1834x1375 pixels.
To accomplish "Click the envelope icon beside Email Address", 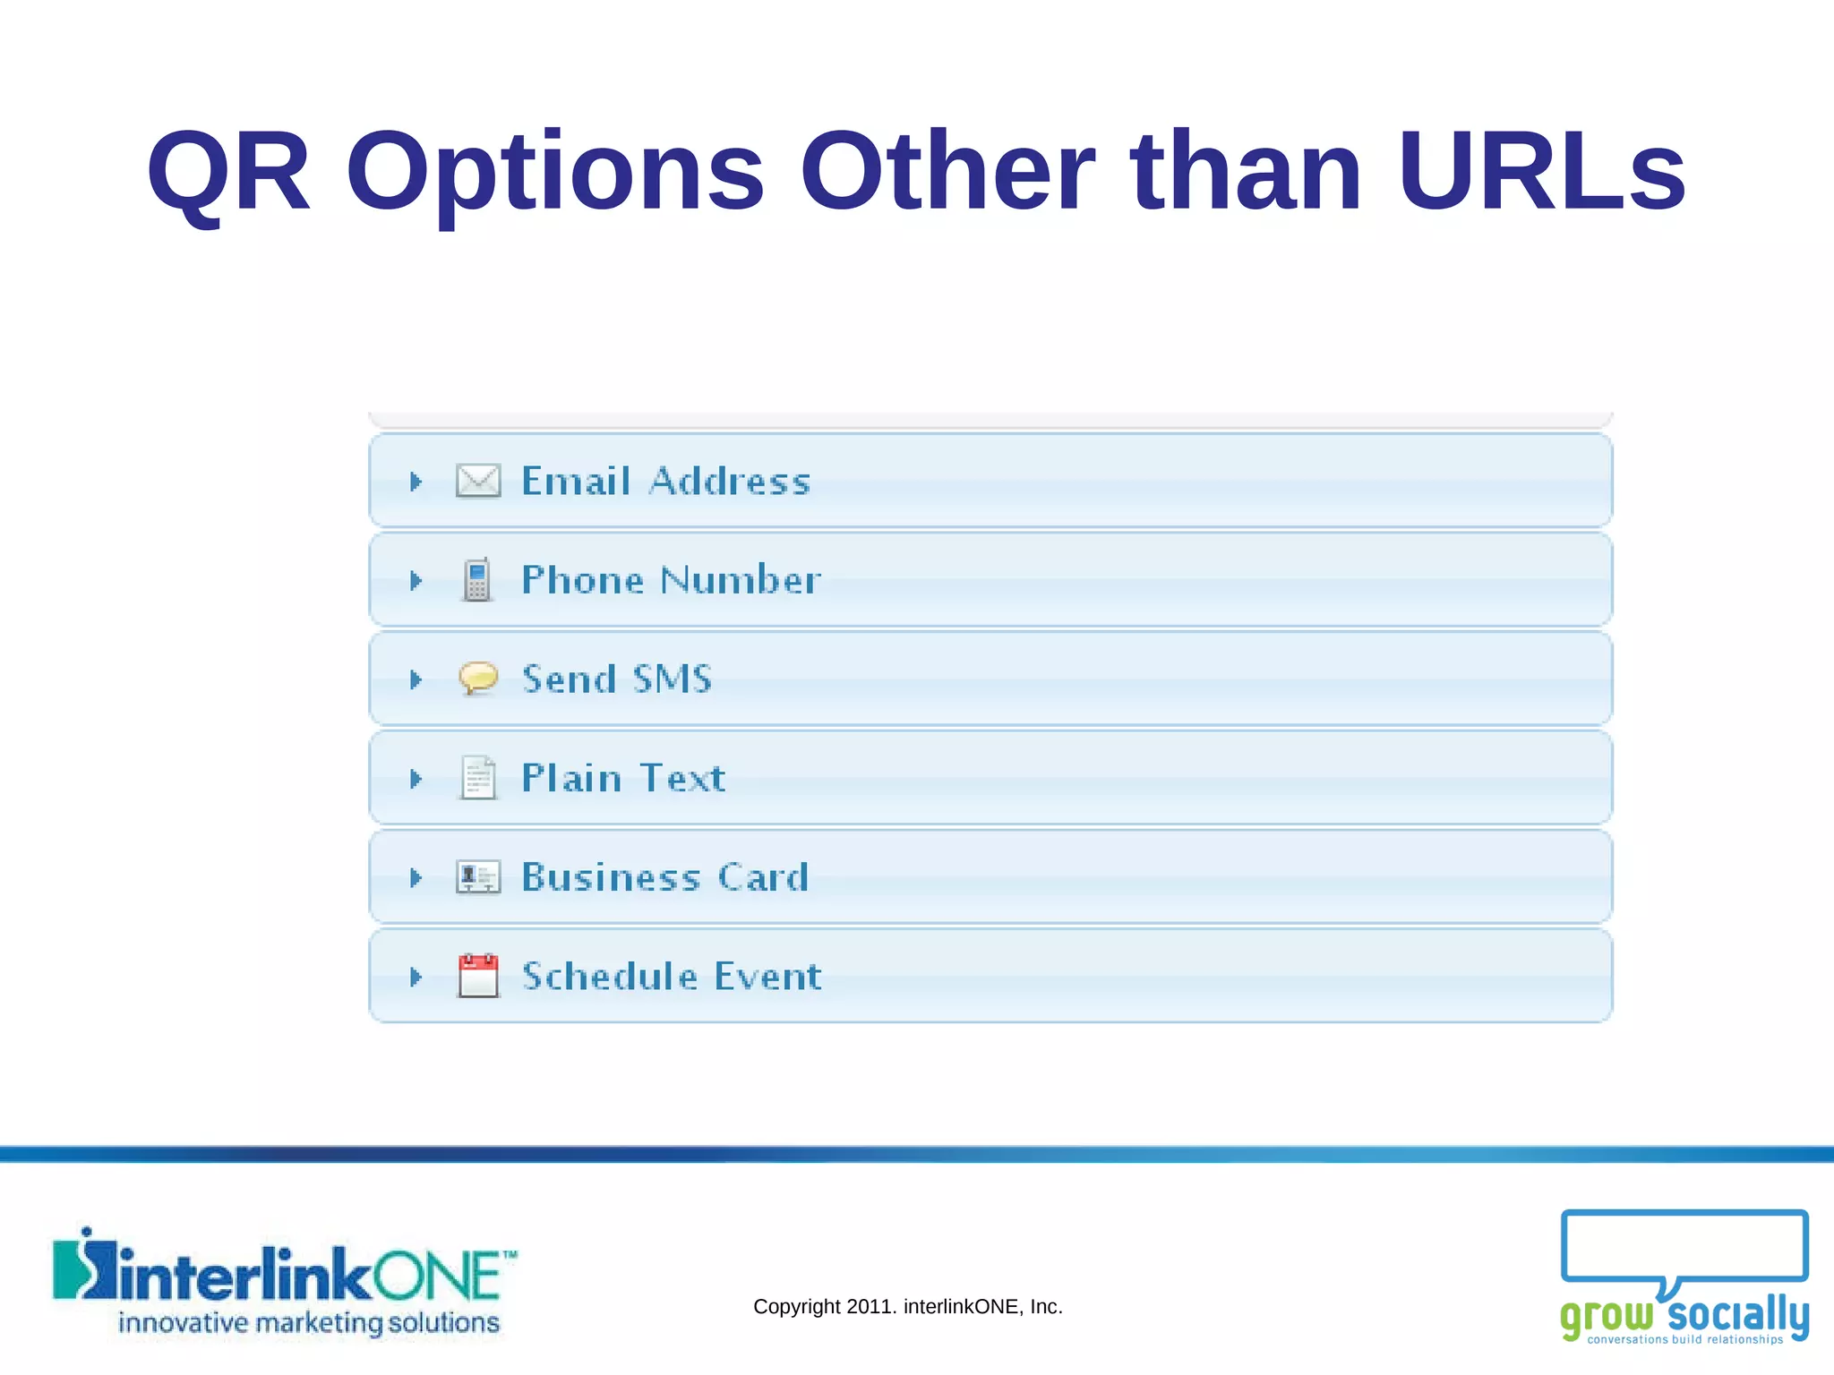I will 478,481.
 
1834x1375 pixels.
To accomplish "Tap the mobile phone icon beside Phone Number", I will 477,580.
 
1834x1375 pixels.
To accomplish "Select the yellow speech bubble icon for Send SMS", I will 478,678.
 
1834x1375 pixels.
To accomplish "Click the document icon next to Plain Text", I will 478,777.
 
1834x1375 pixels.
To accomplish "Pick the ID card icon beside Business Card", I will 478,876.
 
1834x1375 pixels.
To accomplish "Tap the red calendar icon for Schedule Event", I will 478,975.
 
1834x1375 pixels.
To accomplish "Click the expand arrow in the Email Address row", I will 416,482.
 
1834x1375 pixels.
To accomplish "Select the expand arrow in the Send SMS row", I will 416,679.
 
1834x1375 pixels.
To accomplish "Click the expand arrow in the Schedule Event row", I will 416,976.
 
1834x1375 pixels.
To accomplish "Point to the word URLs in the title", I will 1541,171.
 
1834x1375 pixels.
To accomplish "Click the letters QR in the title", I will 228,173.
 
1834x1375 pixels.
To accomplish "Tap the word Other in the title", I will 947,171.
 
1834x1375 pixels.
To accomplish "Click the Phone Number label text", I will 671,580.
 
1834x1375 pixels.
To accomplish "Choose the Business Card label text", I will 665,877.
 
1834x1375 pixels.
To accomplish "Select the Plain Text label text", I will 623,778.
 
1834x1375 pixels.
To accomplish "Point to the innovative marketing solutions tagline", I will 309,1322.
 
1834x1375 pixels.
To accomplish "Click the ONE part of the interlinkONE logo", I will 436,1277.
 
